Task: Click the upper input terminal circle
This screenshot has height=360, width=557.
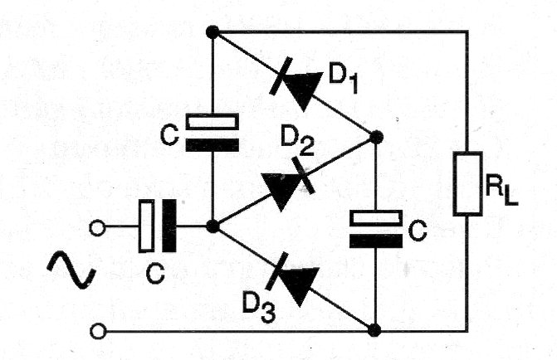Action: click(100, 226)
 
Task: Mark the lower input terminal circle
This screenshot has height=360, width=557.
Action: click(100, 331)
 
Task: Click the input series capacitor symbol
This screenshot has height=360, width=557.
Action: click(159, 226)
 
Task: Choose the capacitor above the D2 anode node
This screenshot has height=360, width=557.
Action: click(213, 133)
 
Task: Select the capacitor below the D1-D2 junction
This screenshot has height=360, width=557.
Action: click(375, 229)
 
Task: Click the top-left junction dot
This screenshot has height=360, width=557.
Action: click(213, 32)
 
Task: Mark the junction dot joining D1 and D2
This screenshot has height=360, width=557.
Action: click(375, 137)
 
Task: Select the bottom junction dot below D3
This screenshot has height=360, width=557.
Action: click(375, 330)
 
